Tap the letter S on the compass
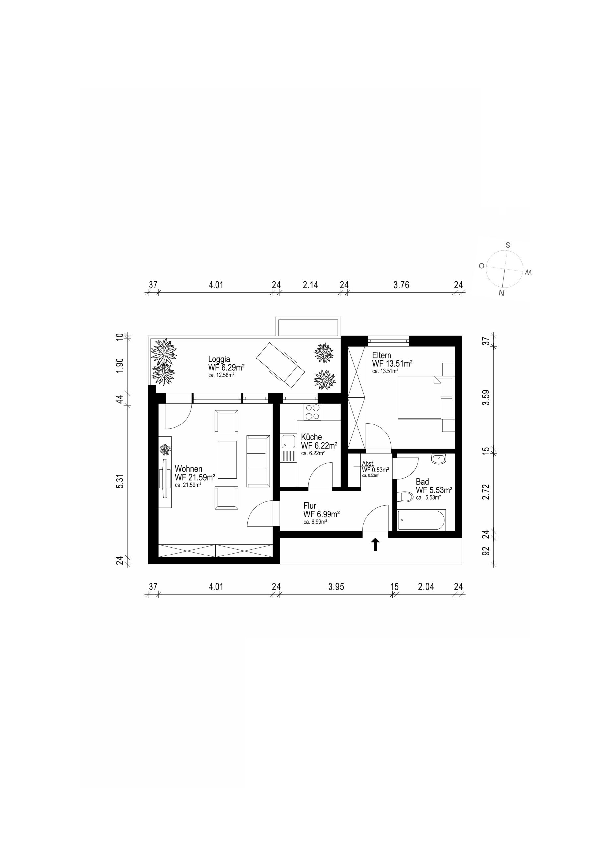pyautogui.click(x=508, y=245)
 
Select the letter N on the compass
pyautogui.click(x=502, y=293)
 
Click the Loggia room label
pyautogui.click(x=219, y=359)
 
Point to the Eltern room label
pyautogui.click(x=382, y=355)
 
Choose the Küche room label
pyautogui.click(x=311, y=437)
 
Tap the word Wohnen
pyautogui.click(x=189, y=469)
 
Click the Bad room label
pyautogui.click(x=422, y=482)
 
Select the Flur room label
pyautogui.click(x=310, y=505)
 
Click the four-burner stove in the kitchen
pyautogui.click(x=312, y=412)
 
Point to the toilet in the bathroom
pyautogui.click(x=405, y=496)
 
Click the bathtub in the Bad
pyautogui.click(x=421, y=520)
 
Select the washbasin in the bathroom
pyautogui.click(x=439, y=459)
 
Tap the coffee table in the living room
pyautogui.click(x=227, y=460)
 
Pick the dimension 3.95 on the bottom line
pyautogui.click(x=336, y=587)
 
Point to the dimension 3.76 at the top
pyautogui.click(x=401, y=285)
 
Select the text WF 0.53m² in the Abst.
pyautogui.click(x=375, y=470)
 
